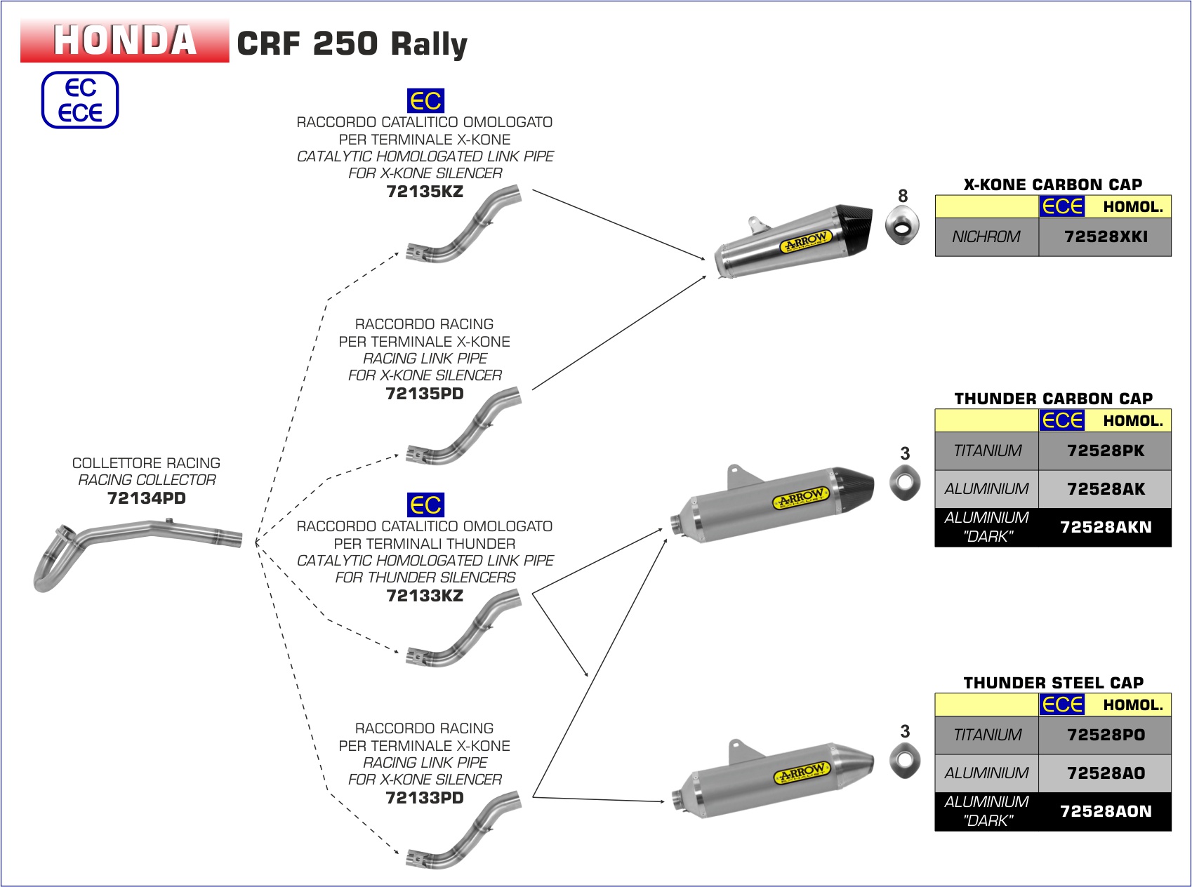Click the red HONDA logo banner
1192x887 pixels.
[124, 41]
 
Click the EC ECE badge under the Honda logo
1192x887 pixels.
[80, 100]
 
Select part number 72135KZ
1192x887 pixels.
[425, 192]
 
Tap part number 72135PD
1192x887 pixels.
[425, 394]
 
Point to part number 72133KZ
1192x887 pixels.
[425, 596]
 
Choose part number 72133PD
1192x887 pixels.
[425, 798]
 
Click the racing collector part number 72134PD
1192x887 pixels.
[146, 498]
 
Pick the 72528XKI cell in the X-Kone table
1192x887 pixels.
[1106, 237]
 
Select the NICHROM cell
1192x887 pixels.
[986, 237]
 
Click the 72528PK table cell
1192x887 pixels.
[1106, 451]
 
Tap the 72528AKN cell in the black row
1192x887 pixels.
[1106, 527]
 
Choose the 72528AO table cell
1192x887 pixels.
[1106, 773]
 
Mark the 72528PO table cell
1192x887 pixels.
[1106, 735]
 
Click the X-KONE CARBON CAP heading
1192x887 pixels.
[1053, 185]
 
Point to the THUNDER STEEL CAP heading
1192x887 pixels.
[1053, 683]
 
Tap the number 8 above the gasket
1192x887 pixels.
[903, 196]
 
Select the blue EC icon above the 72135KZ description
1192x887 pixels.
[425, 101]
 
